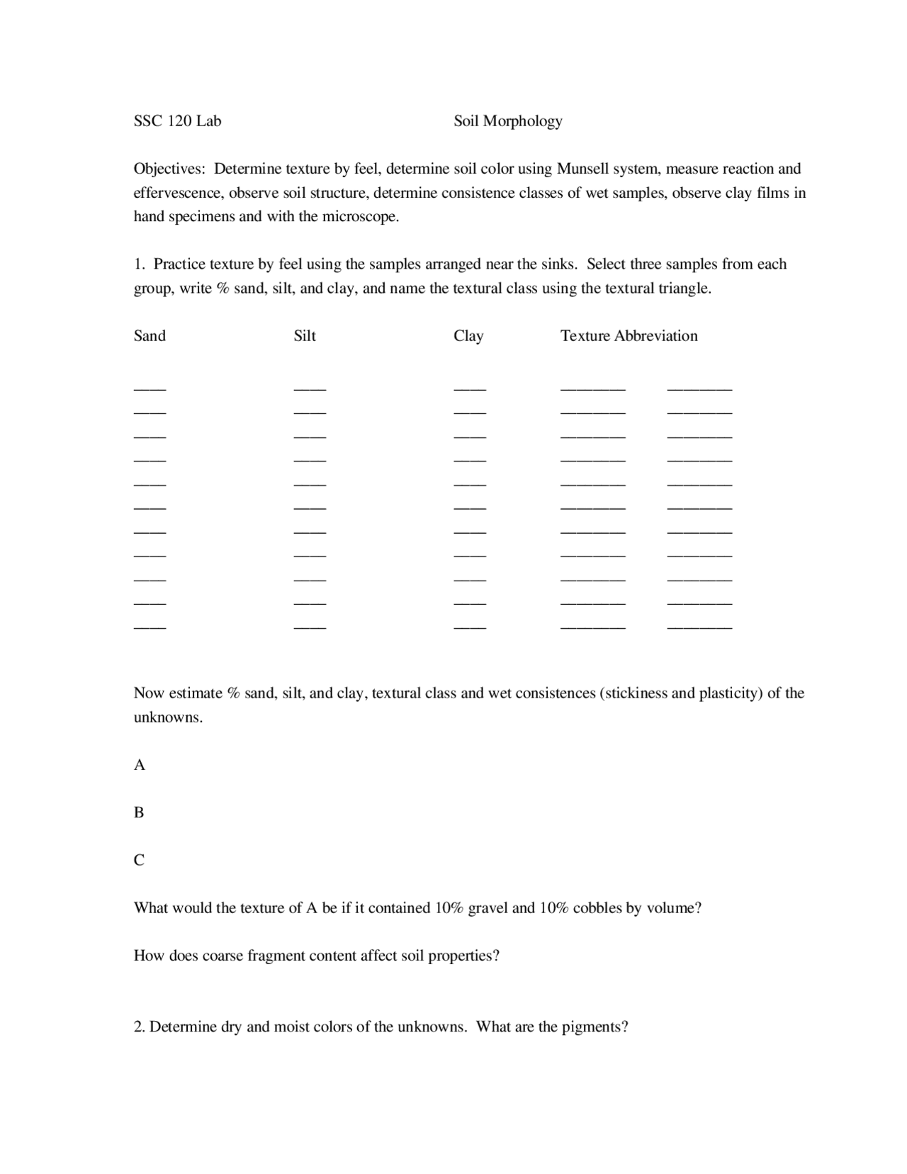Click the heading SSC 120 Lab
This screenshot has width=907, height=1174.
point(177,121)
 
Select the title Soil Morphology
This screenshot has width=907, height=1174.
point(507,121)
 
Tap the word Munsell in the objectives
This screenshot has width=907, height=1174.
point(582,169)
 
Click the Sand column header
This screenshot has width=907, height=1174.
point(150,336)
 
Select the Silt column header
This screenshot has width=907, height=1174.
point(305,336)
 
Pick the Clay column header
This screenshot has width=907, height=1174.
point(468,336)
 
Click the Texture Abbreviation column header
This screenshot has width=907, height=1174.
point(629,336)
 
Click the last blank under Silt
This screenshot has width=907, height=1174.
point(310,627)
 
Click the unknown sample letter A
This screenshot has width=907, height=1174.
point(140,765)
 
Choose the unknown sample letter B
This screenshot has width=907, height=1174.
point(139,812)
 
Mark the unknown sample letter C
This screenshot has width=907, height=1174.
point(139,861)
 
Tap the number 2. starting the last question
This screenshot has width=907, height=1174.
point(140,1027)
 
